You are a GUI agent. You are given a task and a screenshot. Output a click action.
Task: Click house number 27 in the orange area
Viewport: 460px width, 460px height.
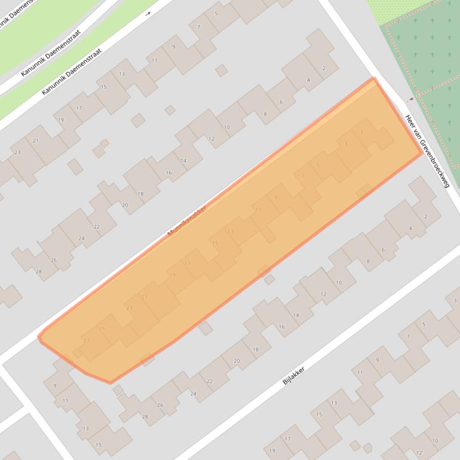click(87, 341)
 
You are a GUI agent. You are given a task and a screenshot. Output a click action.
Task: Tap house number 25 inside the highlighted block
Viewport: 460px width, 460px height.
click(102, 329)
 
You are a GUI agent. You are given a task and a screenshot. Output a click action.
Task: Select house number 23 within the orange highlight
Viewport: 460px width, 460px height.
click(130, 308)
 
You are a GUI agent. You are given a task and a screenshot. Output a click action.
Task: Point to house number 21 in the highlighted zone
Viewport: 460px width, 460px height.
click(144, 297)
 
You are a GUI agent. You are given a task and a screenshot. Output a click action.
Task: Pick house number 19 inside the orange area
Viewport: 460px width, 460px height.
click(173, 275)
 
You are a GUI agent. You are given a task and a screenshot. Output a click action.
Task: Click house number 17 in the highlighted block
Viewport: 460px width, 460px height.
click(187, 264)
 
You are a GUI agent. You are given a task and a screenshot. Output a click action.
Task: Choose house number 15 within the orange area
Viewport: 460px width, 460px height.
click(215, 243)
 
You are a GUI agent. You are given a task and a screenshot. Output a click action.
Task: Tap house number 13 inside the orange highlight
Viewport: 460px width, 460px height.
click(230, 231)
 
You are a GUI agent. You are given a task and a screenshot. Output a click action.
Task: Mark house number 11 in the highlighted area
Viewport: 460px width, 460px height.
click(258, 210)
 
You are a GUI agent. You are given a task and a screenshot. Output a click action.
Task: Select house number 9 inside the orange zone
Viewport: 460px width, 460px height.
click(275, 198)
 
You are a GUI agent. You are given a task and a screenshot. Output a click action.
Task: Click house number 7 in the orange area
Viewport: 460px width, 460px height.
click(303, 176)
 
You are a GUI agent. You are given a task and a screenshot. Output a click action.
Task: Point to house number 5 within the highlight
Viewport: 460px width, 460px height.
click(318, 165)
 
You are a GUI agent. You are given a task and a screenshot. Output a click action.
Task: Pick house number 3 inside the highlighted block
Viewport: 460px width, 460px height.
click(346, 144)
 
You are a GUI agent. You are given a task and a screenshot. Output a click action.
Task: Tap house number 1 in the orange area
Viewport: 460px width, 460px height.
click(361, 133)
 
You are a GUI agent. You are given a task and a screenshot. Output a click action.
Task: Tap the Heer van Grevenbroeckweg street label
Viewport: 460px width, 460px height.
click(427, 151)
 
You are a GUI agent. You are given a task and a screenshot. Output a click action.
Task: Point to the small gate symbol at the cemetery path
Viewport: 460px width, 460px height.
click(411, 99)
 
